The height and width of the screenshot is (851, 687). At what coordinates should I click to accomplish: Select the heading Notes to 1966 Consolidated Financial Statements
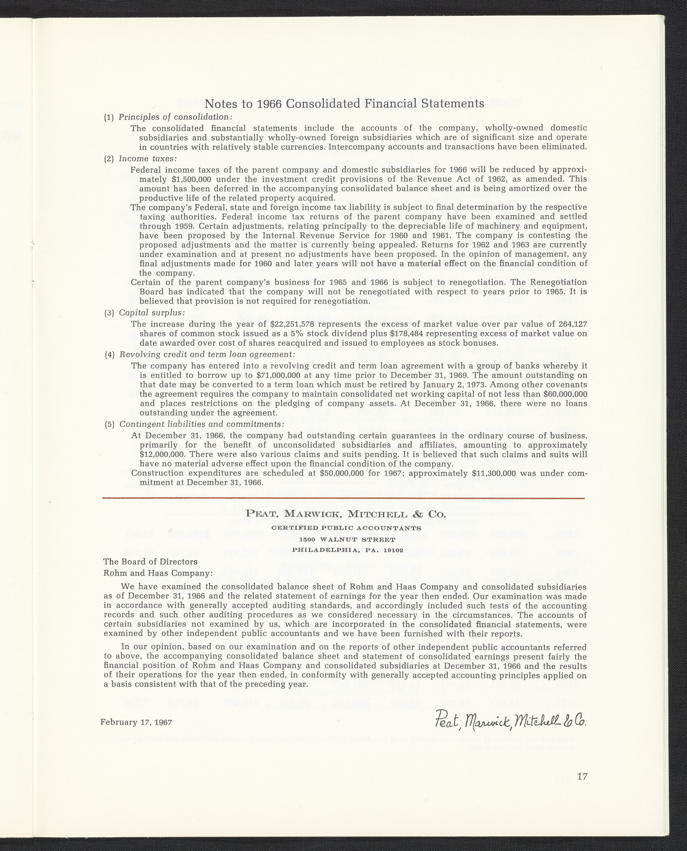click(344, 104)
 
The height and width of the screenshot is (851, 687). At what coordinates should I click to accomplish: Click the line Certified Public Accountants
click(347, 528)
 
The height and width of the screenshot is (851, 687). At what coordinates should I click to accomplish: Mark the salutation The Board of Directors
click(150, 562)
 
